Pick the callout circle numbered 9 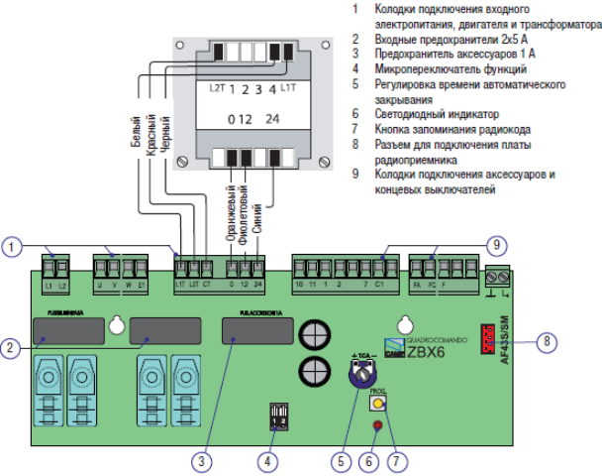coord(496,244)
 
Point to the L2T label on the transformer coord(217,89)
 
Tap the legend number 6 coord(354,115)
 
